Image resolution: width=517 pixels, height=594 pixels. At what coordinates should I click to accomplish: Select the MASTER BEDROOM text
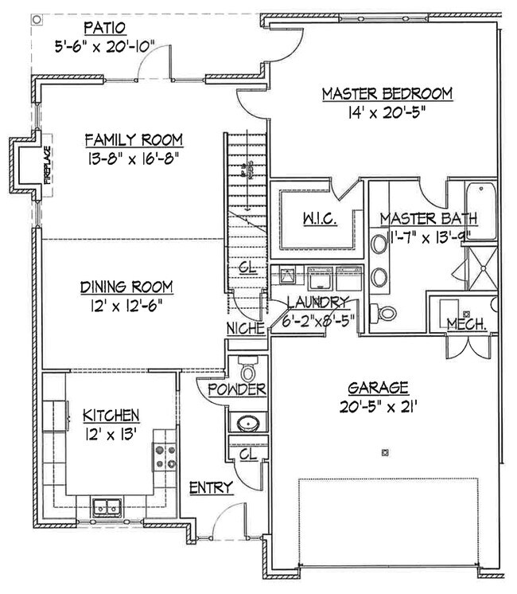[x=387, y=94]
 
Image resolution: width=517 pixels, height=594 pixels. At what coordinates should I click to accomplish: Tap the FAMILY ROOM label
[x=134, y=140]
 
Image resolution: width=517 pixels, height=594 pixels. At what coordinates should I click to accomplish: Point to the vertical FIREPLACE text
[x=48, y=165]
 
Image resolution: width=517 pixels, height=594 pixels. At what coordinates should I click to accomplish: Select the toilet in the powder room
[x=247, y=370]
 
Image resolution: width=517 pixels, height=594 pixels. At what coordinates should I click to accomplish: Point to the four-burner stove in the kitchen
[x=165, y=456]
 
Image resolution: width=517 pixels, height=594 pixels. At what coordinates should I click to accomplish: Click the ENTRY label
[x=210, y=487]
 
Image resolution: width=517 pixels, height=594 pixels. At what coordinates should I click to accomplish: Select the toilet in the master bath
[x=386, y=312]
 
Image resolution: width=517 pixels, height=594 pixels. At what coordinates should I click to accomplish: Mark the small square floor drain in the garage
[x=386, y=453]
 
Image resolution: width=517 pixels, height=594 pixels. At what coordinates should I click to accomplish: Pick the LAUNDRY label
[x=318, y=302]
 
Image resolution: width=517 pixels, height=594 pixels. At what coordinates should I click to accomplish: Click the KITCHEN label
[x=112, y=415]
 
